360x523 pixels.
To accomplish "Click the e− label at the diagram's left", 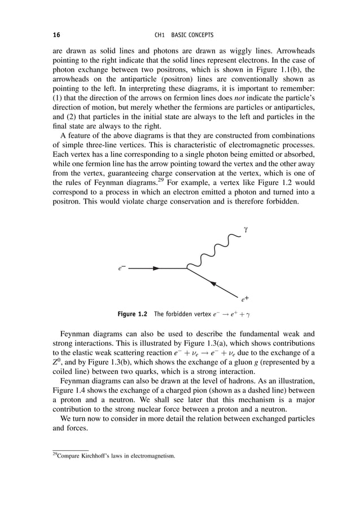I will coord(121,269).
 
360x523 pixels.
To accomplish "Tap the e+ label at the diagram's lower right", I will coord(245,300).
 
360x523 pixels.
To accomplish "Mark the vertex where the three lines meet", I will coord(187,269).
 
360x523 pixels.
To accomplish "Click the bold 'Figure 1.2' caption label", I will coord(131,313).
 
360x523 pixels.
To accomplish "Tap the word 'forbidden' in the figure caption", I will coord(177,313).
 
